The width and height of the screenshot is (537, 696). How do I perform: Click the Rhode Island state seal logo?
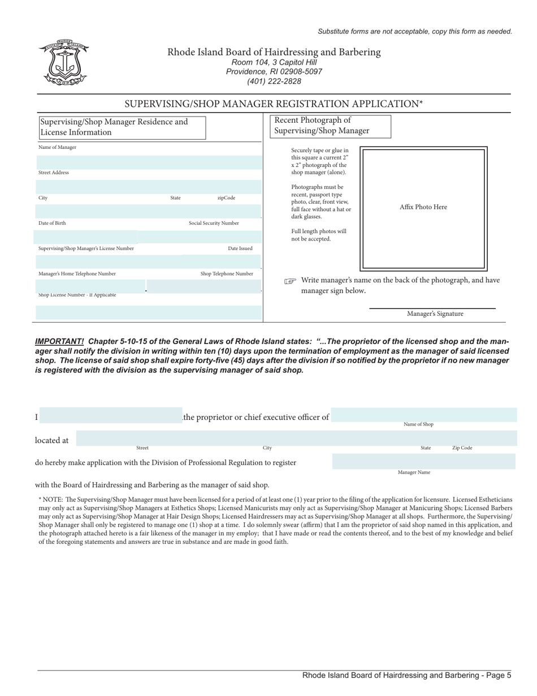[x=64, y=63]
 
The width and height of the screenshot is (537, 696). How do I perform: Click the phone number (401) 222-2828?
[x=274, y=81]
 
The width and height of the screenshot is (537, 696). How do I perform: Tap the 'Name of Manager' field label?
[x=57, y=148]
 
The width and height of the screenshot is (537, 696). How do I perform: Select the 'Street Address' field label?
[x=54, y=173]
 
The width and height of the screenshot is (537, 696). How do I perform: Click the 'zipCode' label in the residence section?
[x=226, y=198]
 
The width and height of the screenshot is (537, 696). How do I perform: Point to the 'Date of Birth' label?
[x=52, y=223]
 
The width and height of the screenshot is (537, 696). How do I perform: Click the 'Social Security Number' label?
[x=214, y=223]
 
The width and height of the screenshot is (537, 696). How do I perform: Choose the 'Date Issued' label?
[x=240, y=248]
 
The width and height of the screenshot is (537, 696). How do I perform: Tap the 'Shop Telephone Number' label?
[x=227, y=274]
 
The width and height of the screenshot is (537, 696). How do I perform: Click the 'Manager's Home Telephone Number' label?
[x=77, y=274]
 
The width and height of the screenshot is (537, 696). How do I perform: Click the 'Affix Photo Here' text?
[x=423, y=207]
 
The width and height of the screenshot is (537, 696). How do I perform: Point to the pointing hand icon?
[x=290, y=281]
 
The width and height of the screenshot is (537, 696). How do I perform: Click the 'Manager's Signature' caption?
[x=435, y=313]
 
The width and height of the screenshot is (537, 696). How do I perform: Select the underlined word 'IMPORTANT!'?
[x=59, y=342]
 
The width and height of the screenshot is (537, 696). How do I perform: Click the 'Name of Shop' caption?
[x=418, y=424]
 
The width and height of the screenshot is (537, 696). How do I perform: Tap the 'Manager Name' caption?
[x=414, y=472]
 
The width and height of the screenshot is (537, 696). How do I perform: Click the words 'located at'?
[x=51, y=440]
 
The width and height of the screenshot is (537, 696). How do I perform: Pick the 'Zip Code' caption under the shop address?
[x=462, y=448]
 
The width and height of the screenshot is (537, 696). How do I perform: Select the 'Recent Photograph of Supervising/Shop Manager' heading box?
[x=327, y=126]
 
